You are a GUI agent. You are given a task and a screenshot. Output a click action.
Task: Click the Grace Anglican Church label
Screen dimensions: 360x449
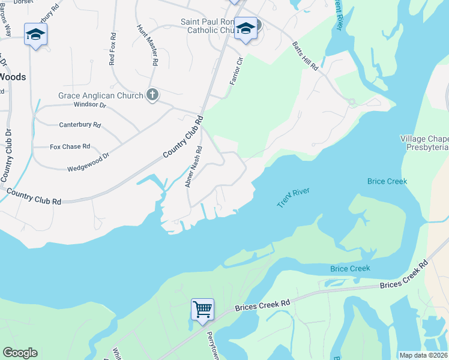[x=100, y=95]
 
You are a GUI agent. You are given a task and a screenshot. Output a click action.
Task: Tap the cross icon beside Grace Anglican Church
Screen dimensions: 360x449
[x=152, y=95]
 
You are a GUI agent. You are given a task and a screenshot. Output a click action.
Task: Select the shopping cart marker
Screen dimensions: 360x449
[x=203, y=310]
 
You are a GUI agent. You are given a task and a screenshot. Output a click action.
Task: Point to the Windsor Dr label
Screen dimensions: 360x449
[x=89, y=105]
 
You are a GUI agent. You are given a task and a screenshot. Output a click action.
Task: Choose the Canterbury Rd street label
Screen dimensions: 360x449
[x=80, y=125]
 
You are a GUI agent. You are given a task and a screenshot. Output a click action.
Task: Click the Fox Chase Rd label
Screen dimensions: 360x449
[x=70, y=146]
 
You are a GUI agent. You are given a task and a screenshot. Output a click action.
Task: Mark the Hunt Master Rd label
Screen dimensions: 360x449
[x=148, y=45]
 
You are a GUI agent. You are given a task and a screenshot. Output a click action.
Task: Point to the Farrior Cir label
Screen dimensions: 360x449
[x=235, y=70]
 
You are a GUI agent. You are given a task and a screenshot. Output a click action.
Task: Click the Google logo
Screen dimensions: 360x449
[x=20, y=353]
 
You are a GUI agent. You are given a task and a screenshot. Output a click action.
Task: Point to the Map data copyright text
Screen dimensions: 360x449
[x=424, y=355]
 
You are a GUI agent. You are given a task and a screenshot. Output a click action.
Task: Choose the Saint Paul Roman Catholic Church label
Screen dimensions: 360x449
[x=210, y=26]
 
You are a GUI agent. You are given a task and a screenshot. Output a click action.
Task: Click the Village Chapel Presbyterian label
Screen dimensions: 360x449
[x=424, y=143]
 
